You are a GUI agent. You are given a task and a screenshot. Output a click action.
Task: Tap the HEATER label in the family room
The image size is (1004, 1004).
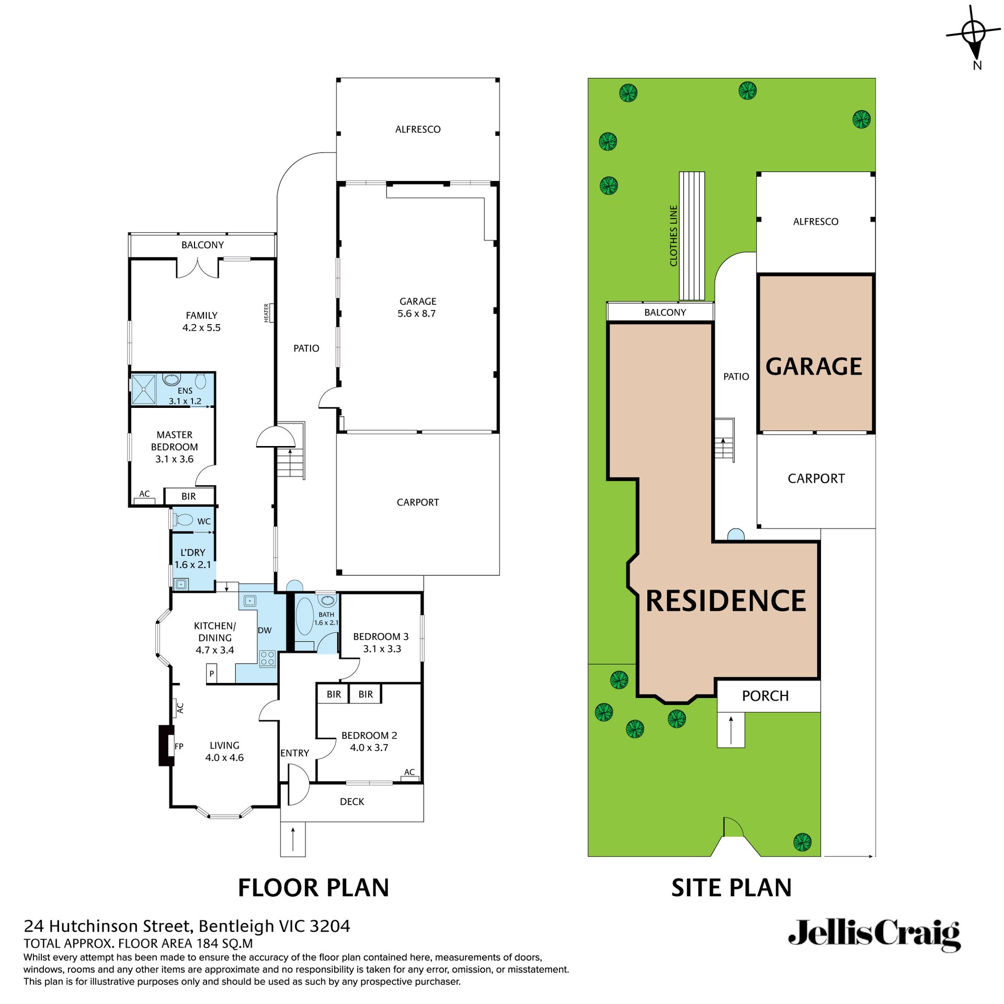pos(266,313)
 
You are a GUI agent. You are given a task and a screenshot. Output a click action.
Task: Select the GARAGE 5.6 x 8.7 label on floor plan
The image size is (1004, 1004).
pos(417,307)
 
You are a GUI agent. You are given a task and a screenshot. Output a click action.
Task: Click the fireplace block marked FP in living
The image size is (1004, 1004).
pos(166,745)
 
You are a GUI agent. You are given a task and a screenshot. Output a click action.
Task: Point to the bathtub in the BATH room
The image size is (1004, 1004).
pos(304,617)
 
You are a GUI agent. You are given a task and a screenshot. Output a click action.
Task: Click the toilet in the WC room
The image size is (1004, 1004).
pos(184,520)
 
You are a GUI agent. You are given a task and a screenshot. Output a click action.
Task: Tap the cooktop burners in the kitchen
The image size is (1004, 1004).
pos(267,658)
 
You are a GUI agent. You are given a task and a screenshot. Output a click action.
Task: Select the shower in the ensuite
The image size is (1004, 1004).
pos(143,389)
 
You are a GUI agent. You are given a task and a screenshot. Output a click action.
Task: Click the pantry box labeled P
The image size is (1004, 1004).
pos(212,674)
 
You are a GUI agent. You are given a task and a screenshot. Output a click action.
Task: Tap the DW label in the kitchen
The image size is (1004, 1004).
pos(265,630)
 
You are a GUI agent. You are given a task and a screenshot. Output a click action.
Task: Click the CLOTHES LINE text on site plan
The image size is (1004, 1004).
pos(674,235)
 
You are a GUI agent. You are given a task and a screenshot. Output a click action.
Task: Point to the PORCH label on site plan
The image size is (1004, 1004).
pos(765,696)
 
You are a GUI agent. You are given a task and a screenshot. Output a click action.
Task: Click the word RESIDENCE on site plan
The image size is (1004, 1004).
pos(726,601)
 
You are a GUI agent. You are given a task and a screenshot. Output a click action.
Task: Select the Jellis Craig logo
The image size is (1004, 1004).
pos(874,935)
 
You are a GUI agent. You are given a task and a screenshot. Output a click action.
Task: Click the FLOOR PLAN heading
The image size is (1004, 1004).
pos(313,888)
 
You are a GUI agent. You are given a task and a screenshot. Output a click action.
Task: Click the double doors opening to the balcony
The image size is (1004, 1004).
pos(198,268)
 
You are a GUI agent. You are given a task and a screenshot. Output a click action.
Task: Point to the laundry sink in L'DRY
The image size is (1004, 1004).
pos(181,584)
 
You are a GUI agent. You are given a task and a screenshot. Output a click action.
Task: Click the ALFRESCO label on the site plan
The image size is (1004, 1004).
pos(815,222)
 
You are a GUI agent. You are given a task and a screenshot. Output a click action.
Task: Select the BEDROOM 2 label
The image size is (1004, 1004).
pos(369,735)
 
